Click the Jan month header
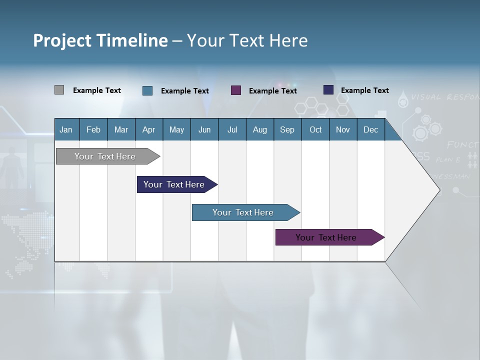(x=66, y=129)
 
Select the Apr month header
(x=149, y=129)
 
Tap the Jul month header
(x=232, y=129)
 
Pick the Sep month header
(x=287, y=129)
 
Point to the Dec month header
(x=370, y=129)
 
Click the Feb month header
(x=93, y=129)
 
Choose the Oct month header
(x=315, y=129)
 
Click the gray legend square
(x=59, y=90)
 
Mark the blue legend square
(x=147, y=90)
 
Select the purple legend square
(x=236, y=90)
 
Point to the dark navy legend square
(x=328, y=90)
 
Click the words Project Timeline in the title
(x=100, y=40)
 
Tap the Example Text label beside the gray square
(x=97, y=90)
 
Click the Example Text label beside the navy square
(x=365, y=90)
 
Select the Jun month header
(x=204, y=129)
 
